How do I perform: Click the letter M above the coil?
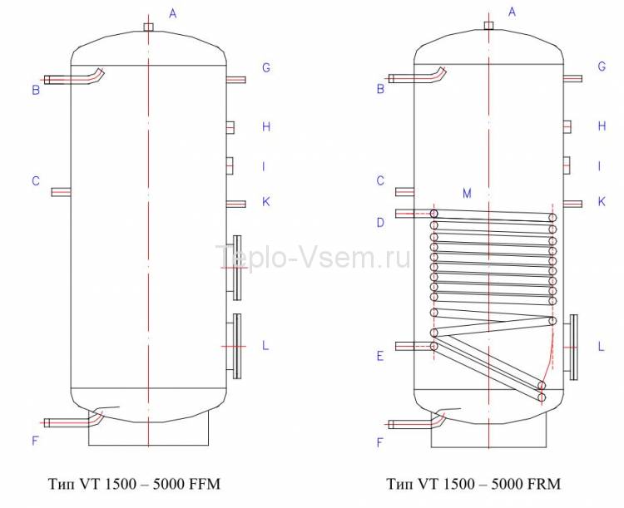pyautogui.click(x=467, y=194)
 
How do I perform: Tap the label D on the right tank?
pyautogui.click(x=380, y=223)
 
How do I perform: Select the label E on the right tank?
pyautogui.click(x=380, y=356)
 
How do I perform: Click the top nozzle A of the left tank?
pyautogui.click(x=148, y=27)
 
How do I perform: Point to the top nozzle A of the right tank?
pyautogui.click(x=488, y=26)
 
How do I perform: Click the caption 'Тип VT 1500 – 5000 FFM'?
pyautogui.click(x=134, y=484)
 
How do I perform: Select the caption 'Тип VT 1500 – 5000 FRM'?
pyautogui.click(x=473, y=484)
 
